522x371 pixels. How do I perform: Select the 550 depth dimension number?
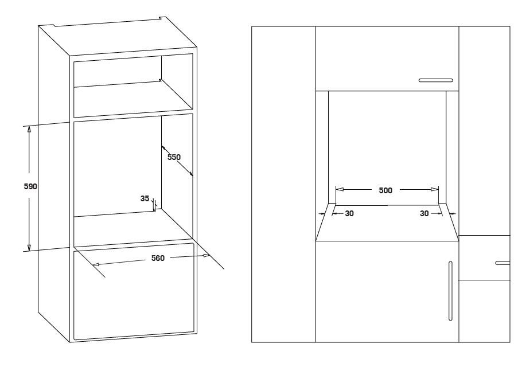tap(174, 157)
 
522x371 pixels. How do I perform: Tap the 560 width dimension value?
tap(158, 259)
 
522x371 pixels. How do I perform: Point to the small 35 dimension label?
tap(145, 198)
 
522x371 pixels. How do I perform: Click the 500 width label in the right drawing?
tap(386, 190)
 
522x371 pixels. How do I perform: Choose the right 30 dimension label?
tap(424, 213)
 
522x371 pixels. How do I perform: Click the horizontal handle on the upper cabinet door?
tap(436, 80)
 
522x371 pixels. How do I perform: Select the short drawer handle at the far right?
tap(502, 263)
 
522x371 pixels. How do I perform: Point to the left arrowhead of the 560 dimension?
tap(96, 265)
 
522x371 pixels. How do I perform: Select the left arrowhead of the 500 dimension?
tap(339, 189)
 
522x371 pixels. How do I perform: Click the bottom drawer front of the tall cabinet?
tap(133, 291)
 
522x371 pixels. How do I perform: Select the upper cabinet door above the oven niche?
tap(387, 58)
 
